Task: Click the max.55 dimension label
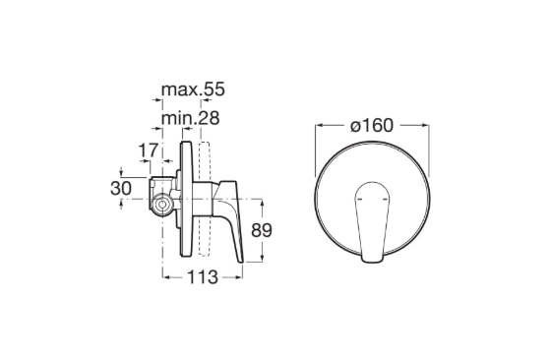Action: pyautogui.click(x=193, y=90)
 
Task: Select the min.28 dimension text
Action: pyautogui.click(x=191, y=118)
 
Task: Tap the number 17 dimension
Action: pyautogui.click(x=149, y=150)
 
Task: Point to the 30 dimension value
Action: pyautogui.click(x=121, y=188)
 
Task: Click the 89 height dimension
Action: pyautogui.click(x=262, y=230)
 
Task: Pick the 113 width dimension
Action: pyautogui.click(x=203, y=277)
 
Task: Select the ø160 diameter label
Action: pyautogui.click(x=372, y=125)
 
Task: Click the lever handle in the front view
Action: pyautogui.click(x=372, y=222)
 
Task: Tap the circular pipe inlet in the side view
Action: pyautogui.click(x=162, y=205)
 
